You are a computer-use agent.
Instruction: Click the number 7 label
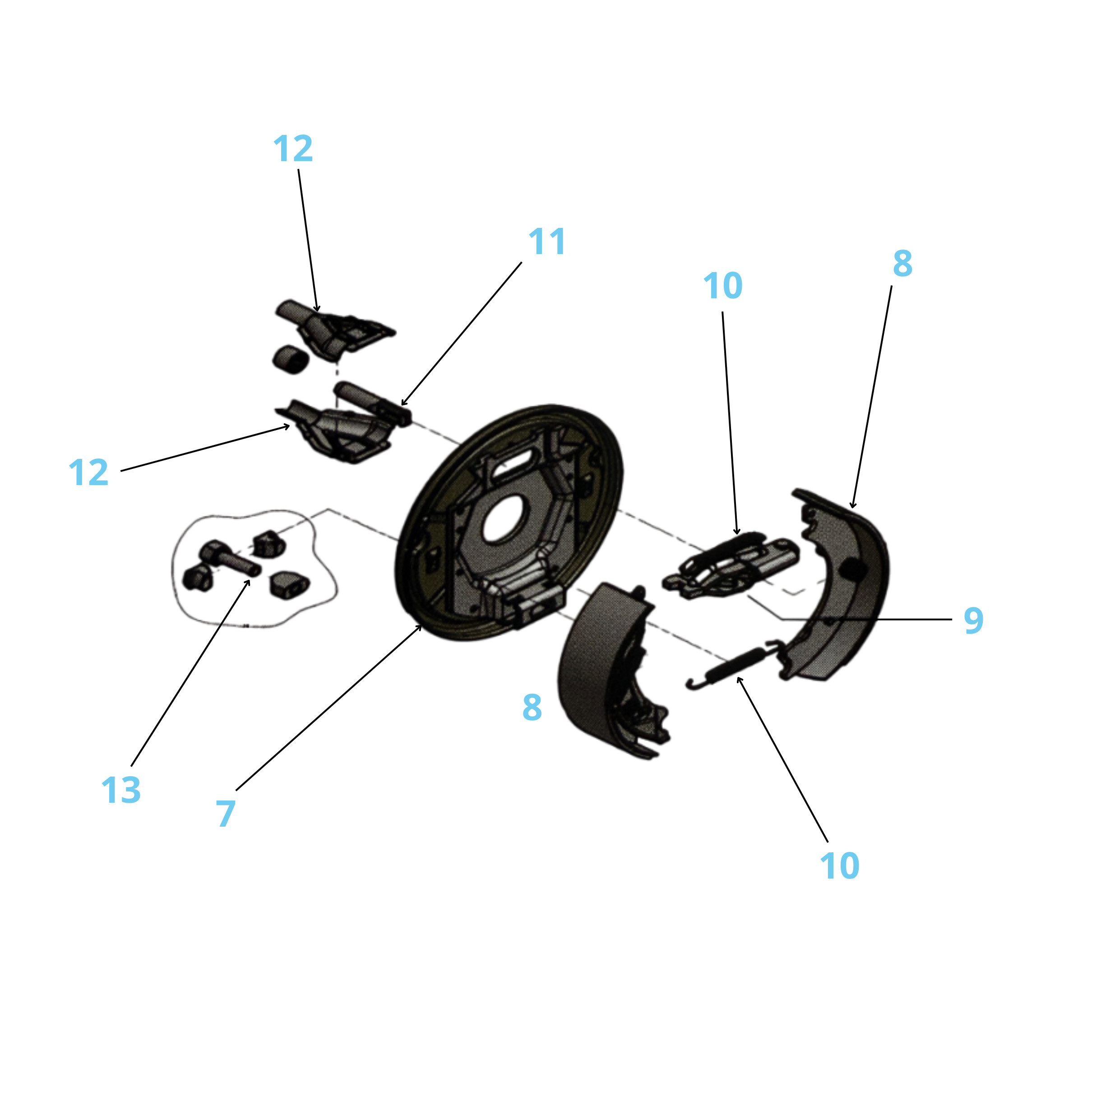(x=226, y=813)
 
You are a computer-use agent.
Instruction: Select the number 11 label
(x=547, y=241)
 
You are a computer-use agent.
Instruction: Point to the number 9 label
(x=973, y=620)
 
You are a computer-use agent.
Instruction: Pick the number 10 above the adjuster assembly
(x=722, y=286)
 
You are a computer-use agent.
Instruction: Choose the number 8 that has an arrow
(x=902, y=263)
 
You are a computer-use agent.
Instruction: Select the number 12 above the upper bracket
(x=293, y=149)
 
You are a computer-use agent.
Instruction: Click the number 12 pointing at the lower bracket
(x=88, y=472)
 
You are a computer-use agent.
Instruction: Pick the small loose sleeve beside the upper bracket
(x=291, y=360)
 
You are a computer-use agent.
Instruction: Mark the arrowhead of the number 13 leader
(x=249, y=581)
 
